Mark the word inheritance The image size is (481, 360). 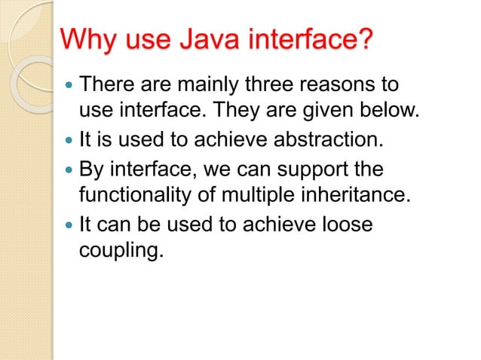[365, 196]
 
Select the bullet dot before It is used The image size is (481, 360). [69, 141]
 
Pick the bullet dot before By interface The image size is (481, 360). [69, 169]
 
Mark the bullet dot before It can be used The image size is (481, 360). [69, 225]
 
